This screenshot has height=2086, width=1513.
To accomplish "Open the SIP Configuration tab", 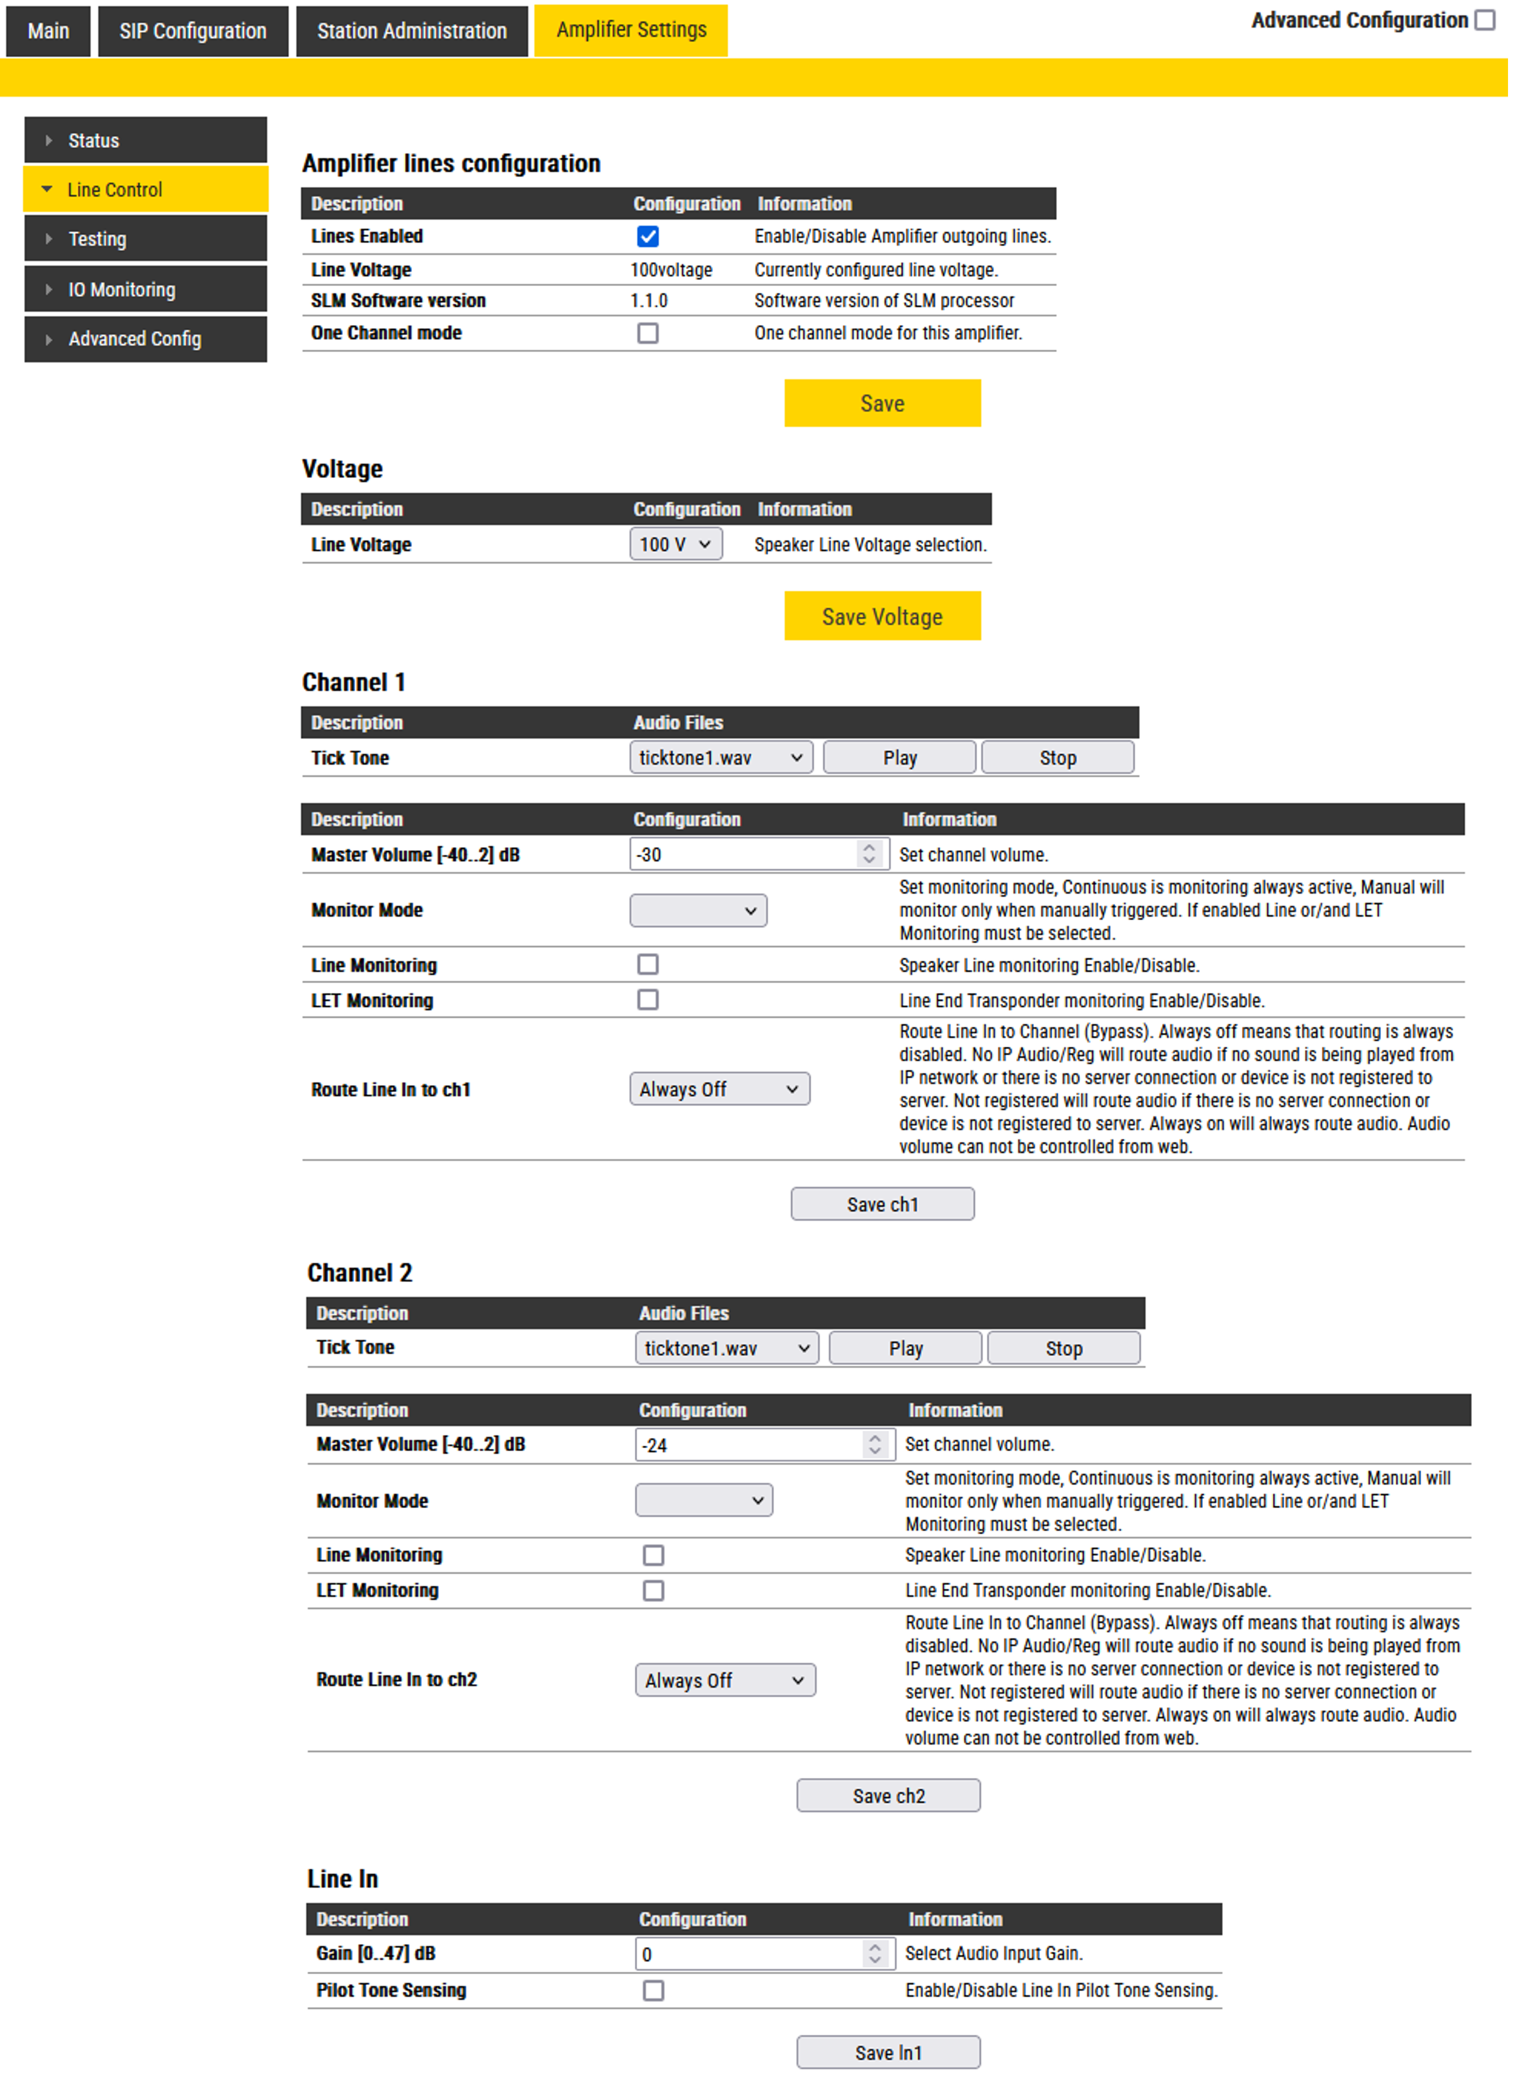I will pyautogui.click(x=192, y=31).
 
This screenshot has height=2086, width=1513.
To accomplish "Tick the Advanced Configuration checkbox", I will pyautogui.click(x=1485, y=20).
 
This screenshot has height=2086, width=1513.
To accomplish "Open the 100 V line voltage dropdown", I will pyautogui.click(x=675, y=544).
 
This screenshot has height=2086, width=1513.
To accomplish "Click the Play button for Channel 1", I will pyautogui.click(x=899, y=758).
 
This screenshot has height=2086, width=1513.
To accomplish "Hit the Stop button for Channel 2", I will pyautogui.click(x=1063, y=1348).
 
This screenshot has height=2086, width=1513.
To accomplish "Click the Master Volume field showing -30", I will pyautogui.click(x=743, y=854).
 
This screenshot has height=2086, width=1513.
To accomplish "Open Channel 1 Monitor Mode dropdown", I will pyautogui.click(x=697, y=910).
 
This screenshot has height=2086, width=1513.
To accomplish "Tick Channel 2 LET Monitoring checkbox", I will pyautogui.click(x=653, y=1590).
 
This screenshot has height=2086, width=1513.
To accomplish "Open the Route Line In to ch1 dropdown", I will pyautogui.click(x=719, y=1089).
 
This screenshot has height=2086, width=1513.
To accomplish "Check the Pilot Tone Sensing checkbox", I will pyautogui.click(x=653, y=1990).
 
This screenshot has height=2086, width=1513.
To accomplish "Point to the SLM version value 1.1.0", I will pyautogui.click(x=649, y=301).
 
